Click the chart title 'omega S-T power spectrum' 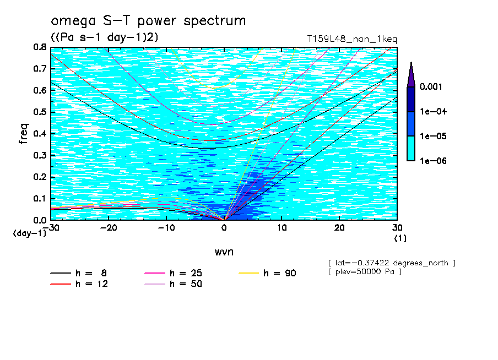click(x=148, y=21)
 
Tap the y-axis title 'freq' click(x=24, y=134)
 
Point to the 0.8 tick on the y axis click(x=40, y=47)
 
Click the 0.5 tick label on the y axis click(x=40, y=112)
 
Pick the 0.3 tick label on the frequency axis click(x=40, y=155)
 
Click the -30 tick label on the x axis click(x=51, y=227)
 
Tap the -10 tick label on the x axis click(x=166, y=227)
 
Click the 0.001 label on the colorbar click(x=432, y=87)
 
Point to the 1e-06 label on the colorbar click(x=432, y=161)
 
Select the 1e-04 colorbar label click(x=432, y=112)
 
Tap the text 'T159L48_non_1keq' click(x=352, y=39)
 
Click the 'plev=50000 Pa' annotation click(x=364, y=272)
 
